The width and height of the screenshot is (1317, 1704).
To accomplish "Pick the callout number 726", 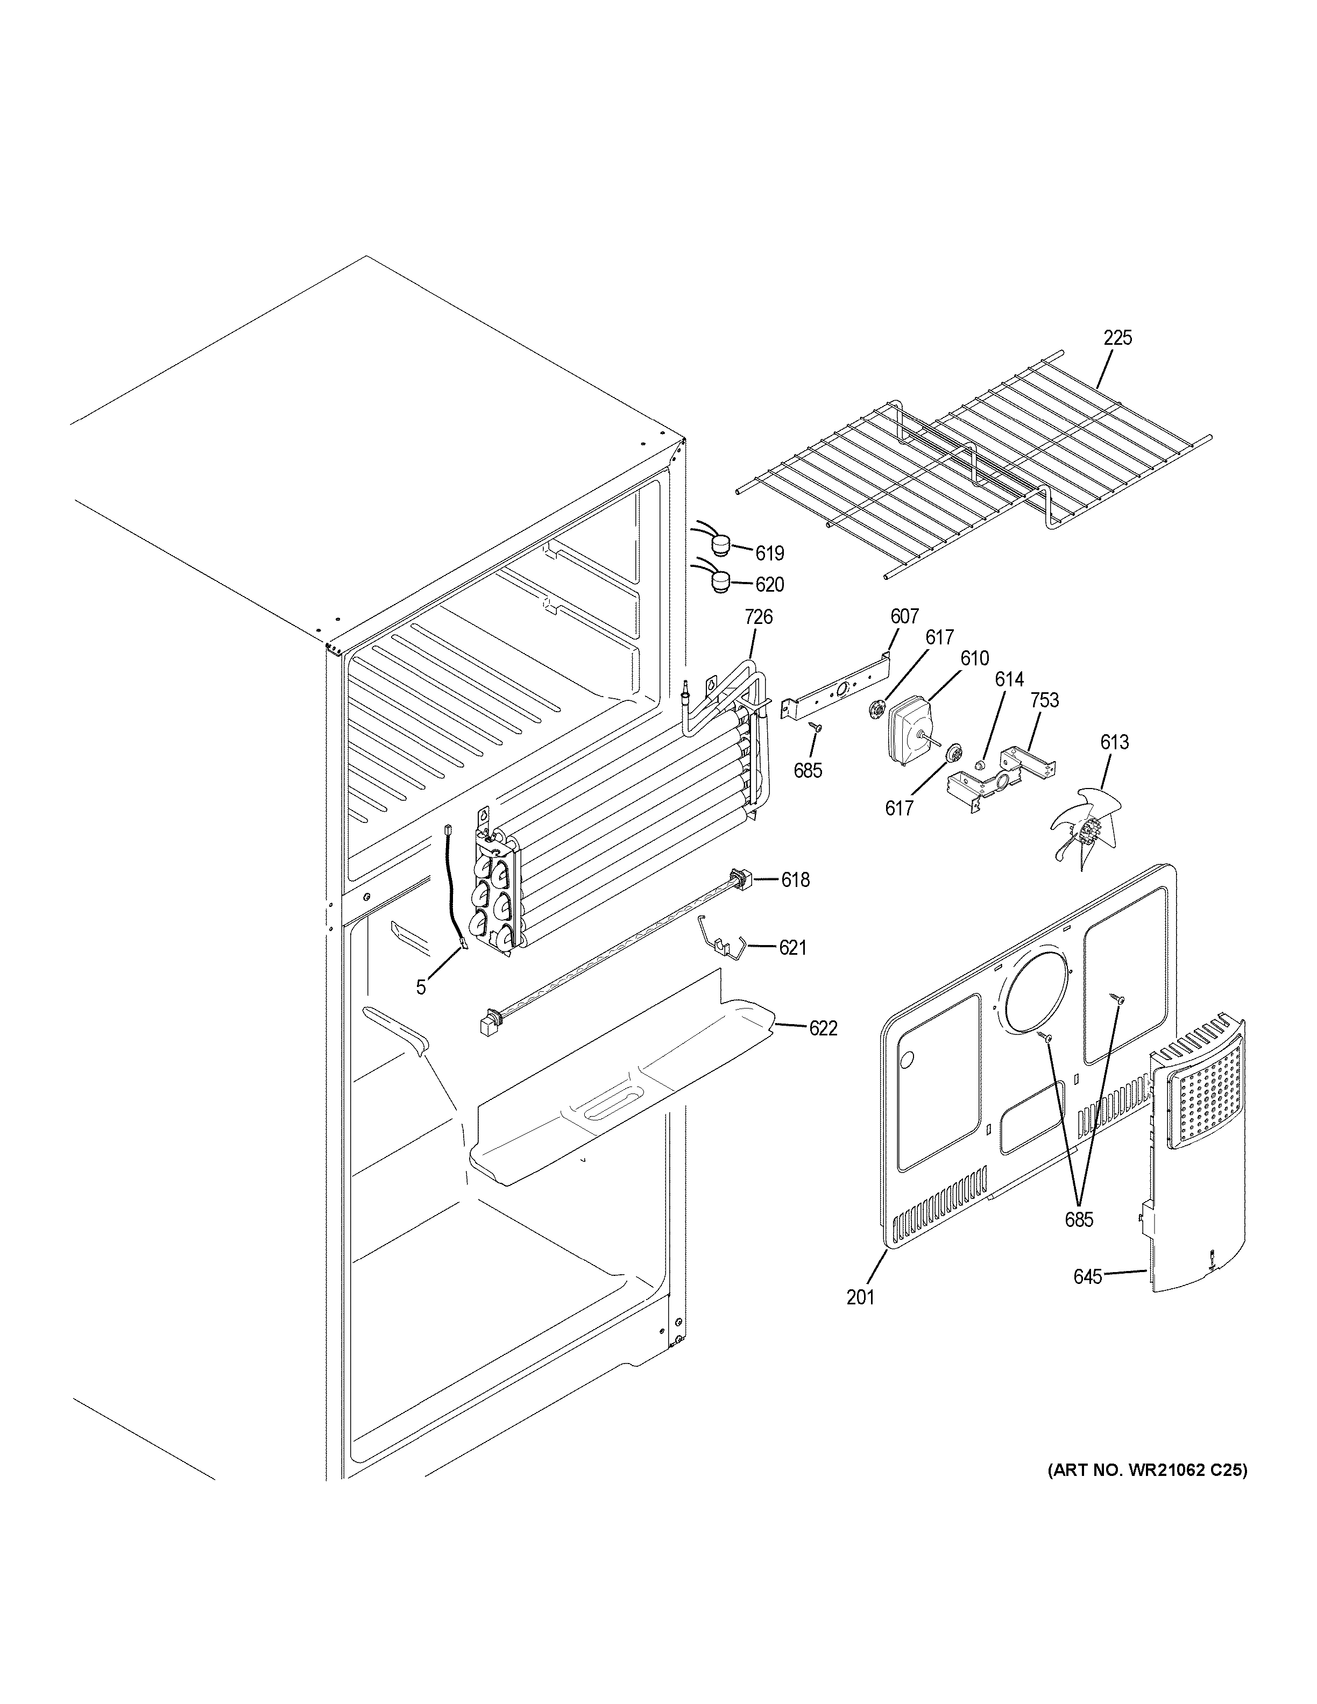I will coord(759,617).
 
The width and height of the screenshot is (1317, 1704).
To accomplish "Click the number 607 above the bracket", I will coord(904,616).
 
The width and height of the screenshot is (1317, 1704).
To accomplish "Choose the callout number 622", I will coord(823,1028).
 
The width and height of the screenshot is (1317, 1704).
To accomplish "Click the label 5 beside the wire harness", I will coord(421,988).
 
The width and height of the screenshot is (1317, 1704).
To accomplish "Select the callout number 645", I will coord(1088,1277).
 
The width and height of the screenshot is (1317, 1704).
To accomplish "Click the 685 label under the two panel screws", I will coord(1079,1219).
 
